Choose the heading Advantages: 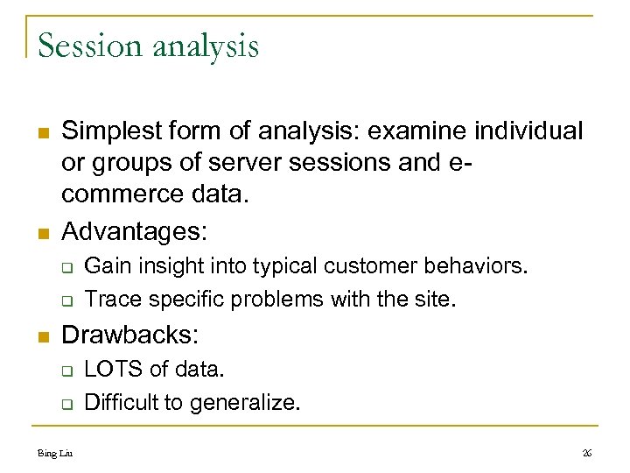135,232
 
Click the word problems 277,299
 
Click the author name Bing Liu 54,452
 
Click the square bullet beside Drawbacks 41,335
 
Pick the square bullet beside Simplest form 41,132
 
